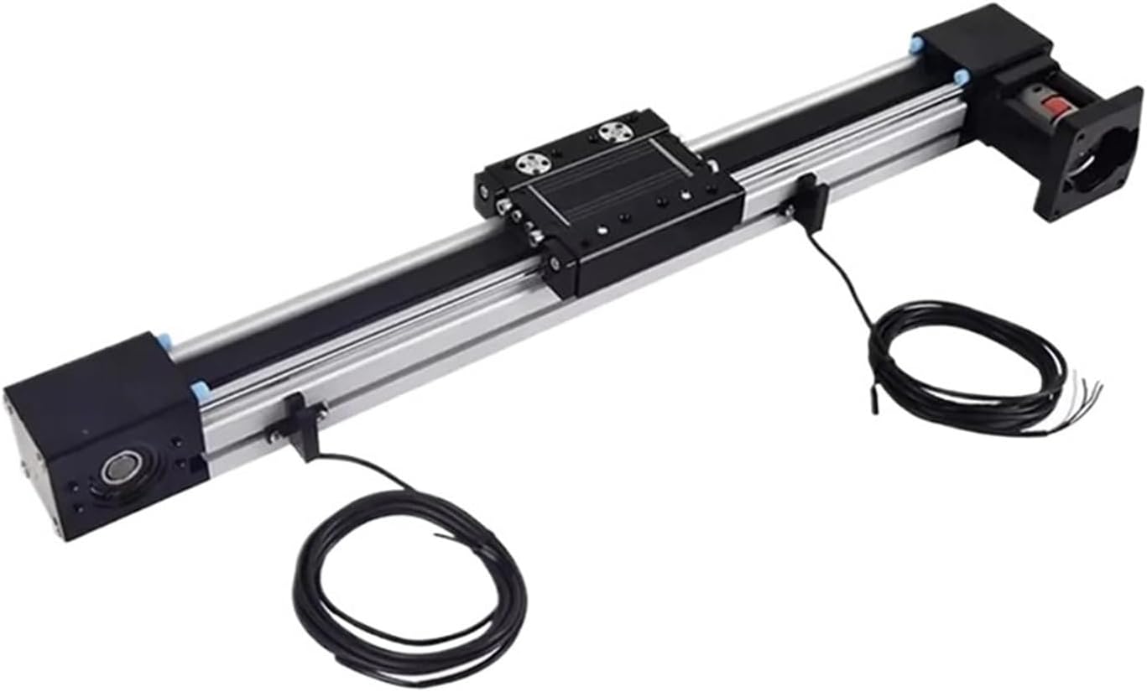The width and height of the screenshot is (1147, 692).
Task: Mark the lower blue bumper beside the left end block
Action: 200,389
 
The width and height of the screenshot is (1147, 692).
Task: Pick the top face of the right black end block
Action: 982,34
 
